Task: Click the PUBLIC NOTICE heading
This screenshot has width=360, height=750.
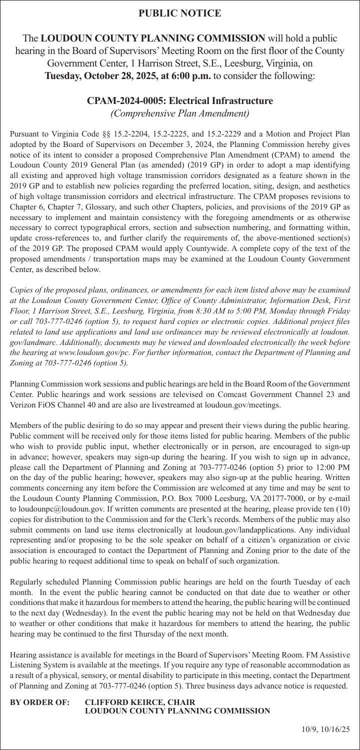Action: [179, 13]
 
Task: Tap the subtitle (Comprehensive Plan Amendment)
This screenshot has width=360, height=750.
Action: [179, 113]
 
